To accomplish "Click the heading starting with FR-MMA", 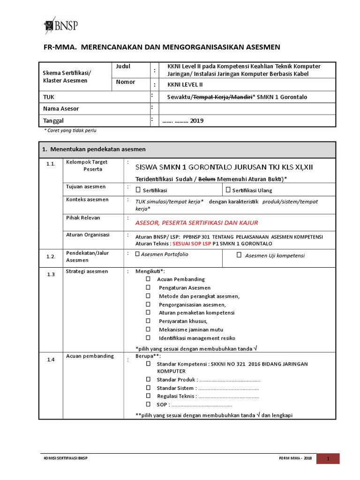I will click(162, 47).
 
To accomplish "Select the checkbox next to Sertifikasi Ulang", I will click(228, 190).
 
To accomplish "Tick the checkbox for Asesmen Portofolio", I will click(137, 254).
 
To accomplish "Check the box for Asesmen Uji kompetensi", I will click(239, 255).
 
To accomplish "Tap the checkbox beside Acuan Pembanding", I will click(148, 279).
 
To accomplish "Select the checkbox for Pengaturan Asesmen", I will click(148, 287).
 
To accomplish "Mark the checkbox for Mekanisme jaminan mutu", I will click(148, 330).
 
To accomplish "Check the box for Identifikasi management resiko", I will click(148, 338).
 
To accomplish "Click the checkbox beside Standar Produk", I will click(148, 379).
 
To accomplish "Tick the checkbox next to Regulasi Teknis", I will click(148, 396).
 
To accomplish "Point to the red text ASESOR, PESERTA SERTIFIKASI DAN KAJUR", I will click(196, 223).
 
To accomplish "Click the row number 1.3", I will click(51, 274).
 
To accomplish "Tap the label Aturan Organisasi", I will click(88, 234).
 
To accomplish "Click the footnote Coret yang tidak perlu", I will click(70, 130).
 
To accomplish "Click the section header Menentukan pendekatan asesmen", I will click(94, 149).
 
